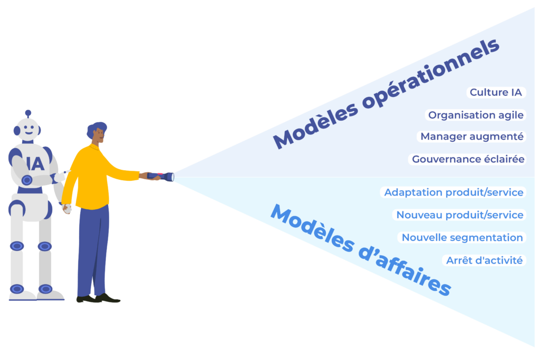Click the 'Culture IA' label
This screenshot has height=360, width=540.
pos(496,93)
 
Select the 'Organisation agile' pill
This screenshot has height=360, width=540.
pos(476,115)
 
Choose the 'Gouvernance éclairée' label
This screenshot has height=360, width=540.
pos(467,159)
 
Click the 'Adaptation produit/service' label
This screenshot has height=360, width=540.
pos(454,192)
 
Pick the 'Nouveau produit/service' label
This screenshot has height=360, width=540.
pos(459,215)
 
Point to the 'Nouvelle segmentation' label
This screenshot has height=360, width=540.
pos(462,238)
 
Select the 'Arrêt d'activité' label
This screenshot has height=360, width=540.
pos(484,260)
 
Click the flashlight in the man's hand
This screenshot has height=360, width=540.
pos(161,176)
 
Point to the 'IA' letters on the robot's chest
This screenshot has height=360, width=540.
pos(35,163)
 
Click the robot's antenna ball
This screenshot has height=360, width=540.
pos(28,113)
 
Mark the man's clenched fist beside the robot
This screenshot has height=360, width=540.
pos(66,209)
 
